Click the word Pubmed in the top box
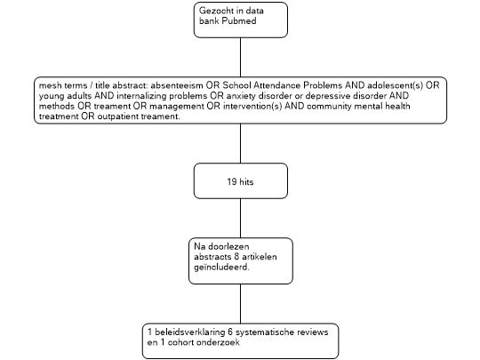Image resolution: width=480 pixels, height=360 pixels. pyautogui.click(x=239, y=21)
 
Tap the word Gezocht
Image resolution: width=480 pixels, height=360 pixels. pyautogui.click(x=213, y=11)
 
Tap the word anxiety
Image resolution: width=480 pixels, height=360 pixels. pyautogui.click(x=241, y=96)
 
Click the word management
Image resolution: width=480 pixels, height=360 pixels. pyautogui.click(x=177, y=107)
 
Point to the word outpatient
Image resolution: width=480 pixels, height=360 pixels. pyautogui.click(x=118, y=116)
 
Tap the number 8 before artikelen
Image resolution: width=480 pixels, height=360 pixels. pyautogui.click(x=236, y=257)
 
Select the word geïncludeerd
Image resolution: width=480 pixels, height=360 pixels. pyautogui.click(x=221, y=268)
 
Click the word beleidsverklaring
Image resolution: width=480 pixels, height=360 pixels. pyautogui.click(x=190, y=332)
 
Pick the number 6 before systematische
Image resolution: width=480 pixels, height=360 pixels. pyautogui.click(x=230, y=332)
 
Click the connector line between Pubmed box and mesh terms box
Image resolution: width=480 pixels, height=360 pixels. pyautogui.click(x=240, y=57)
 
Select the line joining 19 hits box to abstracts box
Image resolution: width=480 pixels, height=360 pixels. pyautogui.click(x=240, y=219)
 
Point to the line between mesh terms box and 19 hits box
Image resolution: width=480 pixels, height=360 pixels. pyautogui.click(x=240, y=143)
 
